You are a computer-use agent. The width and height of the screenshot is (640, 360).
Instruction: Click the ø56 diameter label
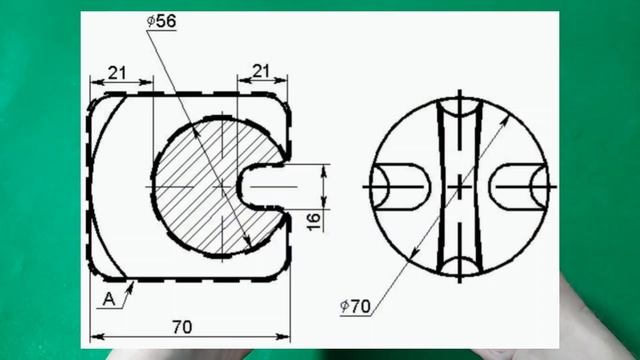pos(162,21)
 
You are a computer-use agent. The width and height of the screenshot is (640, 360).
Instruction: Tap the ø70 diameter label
pos(356,306)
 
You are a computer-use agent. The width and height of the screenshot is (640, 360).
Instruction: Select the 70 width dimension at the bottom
pos(182,327)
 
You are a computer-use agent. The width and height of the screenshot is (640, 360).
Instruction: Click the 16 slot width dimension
pos(314,221)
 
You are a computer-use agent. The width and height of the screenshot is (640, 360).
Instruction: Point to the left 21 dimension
pos(117,73)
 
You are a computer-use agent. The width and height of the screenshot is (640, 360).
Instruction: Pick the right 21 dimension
pos(261,71)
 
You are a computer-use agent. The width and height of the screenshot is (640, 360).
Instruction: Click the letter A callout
pos(109,300)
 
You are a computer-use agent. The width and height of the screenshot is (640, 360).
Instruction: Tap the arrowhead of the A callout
pos(131,287)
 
